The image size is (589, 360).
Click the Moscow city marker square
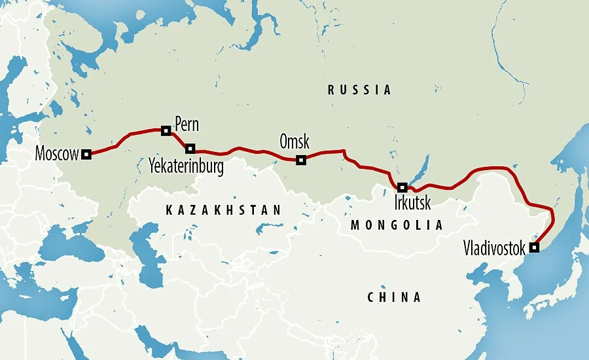(x=86, y=154)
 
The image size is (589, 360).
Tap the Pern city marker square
(x=166, y=131)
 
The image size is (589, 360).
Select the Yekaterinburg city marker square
(x=190, y=148)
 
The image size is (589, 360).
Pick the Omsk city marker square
(x=301, y=160)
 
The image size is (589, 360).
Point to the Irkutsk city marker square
(x=402, y=187)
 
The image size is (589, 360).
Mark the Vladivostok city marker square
(x=535, y=247)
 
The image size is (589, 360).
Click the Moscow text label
(x=57, y=154)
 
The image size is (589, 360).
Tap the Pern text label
(x=187, y=124)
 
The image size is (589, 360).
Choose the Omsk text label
(x=294, y=141)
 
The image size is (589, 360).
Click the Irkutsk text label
(x=413, y=203)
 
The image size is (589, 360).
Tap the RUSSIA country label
(x=359, y=90)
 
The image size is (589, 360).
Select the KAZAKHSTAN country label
(x=224, y=210)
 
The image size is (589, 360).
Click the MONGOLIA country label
(x=397, y=225)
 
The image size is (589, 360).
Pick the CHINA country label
(x=394, y=297)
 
